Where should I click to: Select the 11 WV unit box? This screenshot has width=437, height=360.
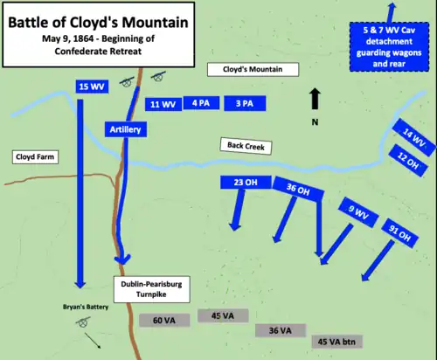click(x=163, y=105)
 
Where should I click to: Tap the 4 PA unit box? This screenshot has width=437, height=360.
click(x=201, y=104)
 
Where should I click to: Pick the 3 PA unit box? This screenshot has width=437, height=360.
click(x=244, y=104)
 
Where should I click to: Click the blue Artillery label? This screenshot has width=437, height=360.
click(x=126, y=129)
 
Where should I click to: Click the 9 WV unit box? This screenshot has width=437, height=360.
click(x=357, y=210)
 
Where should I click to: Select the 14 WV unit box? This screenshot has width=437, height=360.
click(x=413, y=138)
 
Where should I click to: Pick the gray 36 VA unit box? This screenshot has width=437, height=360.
click(x=280, y=330)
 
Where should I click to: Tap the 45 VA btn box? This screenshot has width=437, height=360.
click(x=339, y=341)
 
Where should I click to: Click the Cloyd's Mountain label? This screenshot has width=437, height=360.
click(x=253, y=69)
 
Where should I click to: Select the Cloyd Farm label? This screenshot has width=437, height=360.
click(x=35, y=157)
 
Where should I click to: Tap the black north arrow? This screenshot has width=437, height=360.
click(x=315, y=99)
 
